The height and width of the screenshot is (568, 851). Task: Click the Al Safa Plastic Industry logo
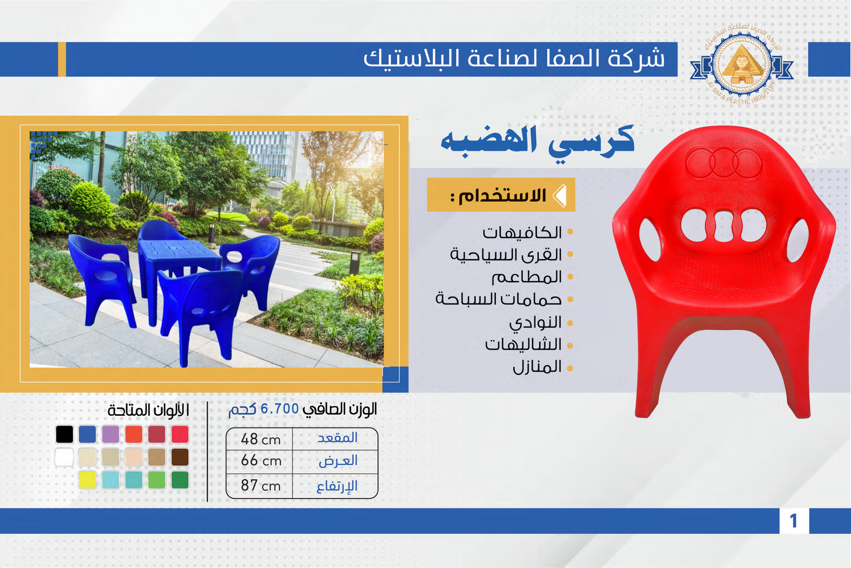tap(741, 64)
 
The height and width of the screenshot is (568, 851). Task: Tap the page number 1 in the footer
tap(793, 521)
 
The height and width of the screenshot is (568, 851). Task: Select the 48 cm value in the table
tap(261, 439)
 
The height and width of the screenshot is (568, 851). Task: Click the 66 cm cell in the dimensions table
tap(261, 461)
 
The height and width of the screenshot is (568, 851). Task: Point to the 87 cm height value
tap(261, 485)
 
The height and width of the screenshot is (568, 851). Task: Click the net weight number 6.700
tap(280, 409)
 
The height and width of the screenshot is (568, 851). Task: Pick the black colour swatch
tap(64, 434)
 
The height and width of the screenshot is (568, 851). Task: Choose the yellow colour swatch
tap(87, 480)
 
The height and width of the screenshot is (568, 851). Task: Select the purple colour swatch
tap(111, 434)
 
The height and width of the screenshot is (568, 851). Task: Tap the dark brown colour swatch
tap(180, 457)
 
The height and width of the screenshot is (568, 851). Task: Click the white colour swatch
tap(64, 457)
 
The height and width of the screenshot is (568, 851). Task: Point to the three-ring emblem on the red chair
tap(724, 163)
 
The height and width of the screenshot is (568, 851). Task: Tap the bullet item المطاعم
tap(527, 277)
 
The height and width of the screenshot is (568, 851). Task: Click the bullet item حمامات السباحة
tap(498, 299)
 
